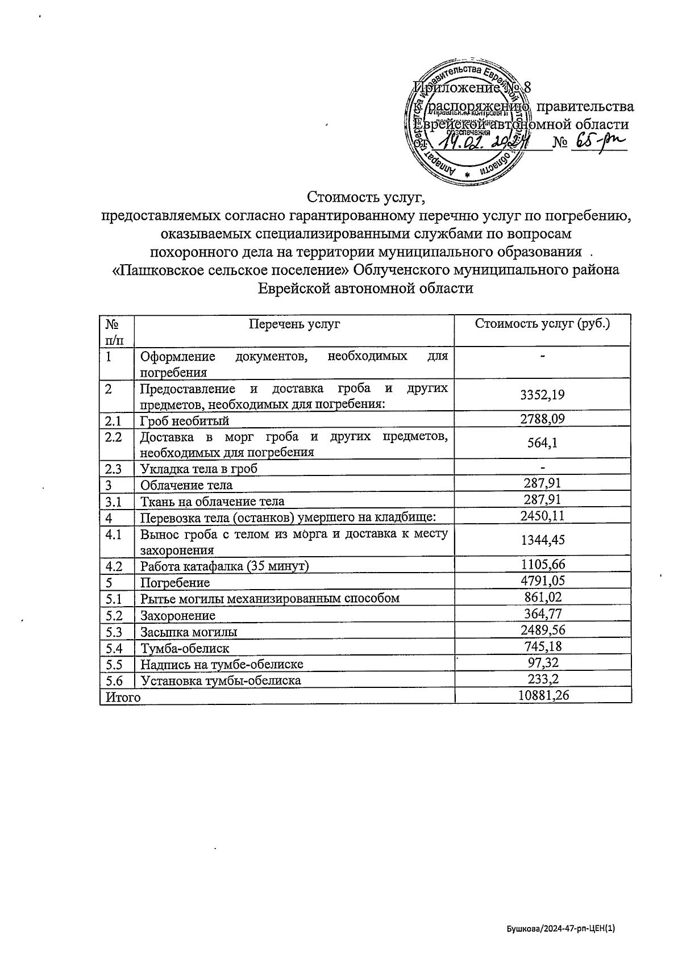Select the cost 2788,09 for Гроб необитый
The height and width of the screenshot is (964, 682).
point(543,419)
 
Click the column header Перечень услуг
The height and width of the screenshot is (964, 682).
point(294,324)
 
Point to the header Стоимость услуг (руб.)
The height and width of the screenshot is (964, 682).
point(542,324)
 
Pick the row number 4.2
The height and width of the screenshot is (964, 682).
point(114,566)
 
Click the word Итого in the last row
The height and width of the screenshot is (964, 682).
point(120,696)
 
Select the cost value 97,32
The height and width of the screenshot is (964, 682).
point(543,663)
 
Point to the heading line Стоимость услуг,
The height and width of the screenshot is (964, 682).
point(366,198)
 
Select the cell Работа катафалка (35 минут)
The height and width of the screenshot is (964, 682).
point(224,566)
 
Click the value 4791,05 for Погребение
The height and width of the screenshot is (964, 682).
point(543,581)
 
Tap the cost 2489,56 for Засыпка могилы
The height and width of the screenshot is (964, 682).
point(543,630)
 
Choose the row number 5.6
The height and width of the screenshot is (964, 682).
point(114,680)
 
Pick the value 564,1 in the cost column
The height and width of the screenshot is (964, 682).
point(543,443)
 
